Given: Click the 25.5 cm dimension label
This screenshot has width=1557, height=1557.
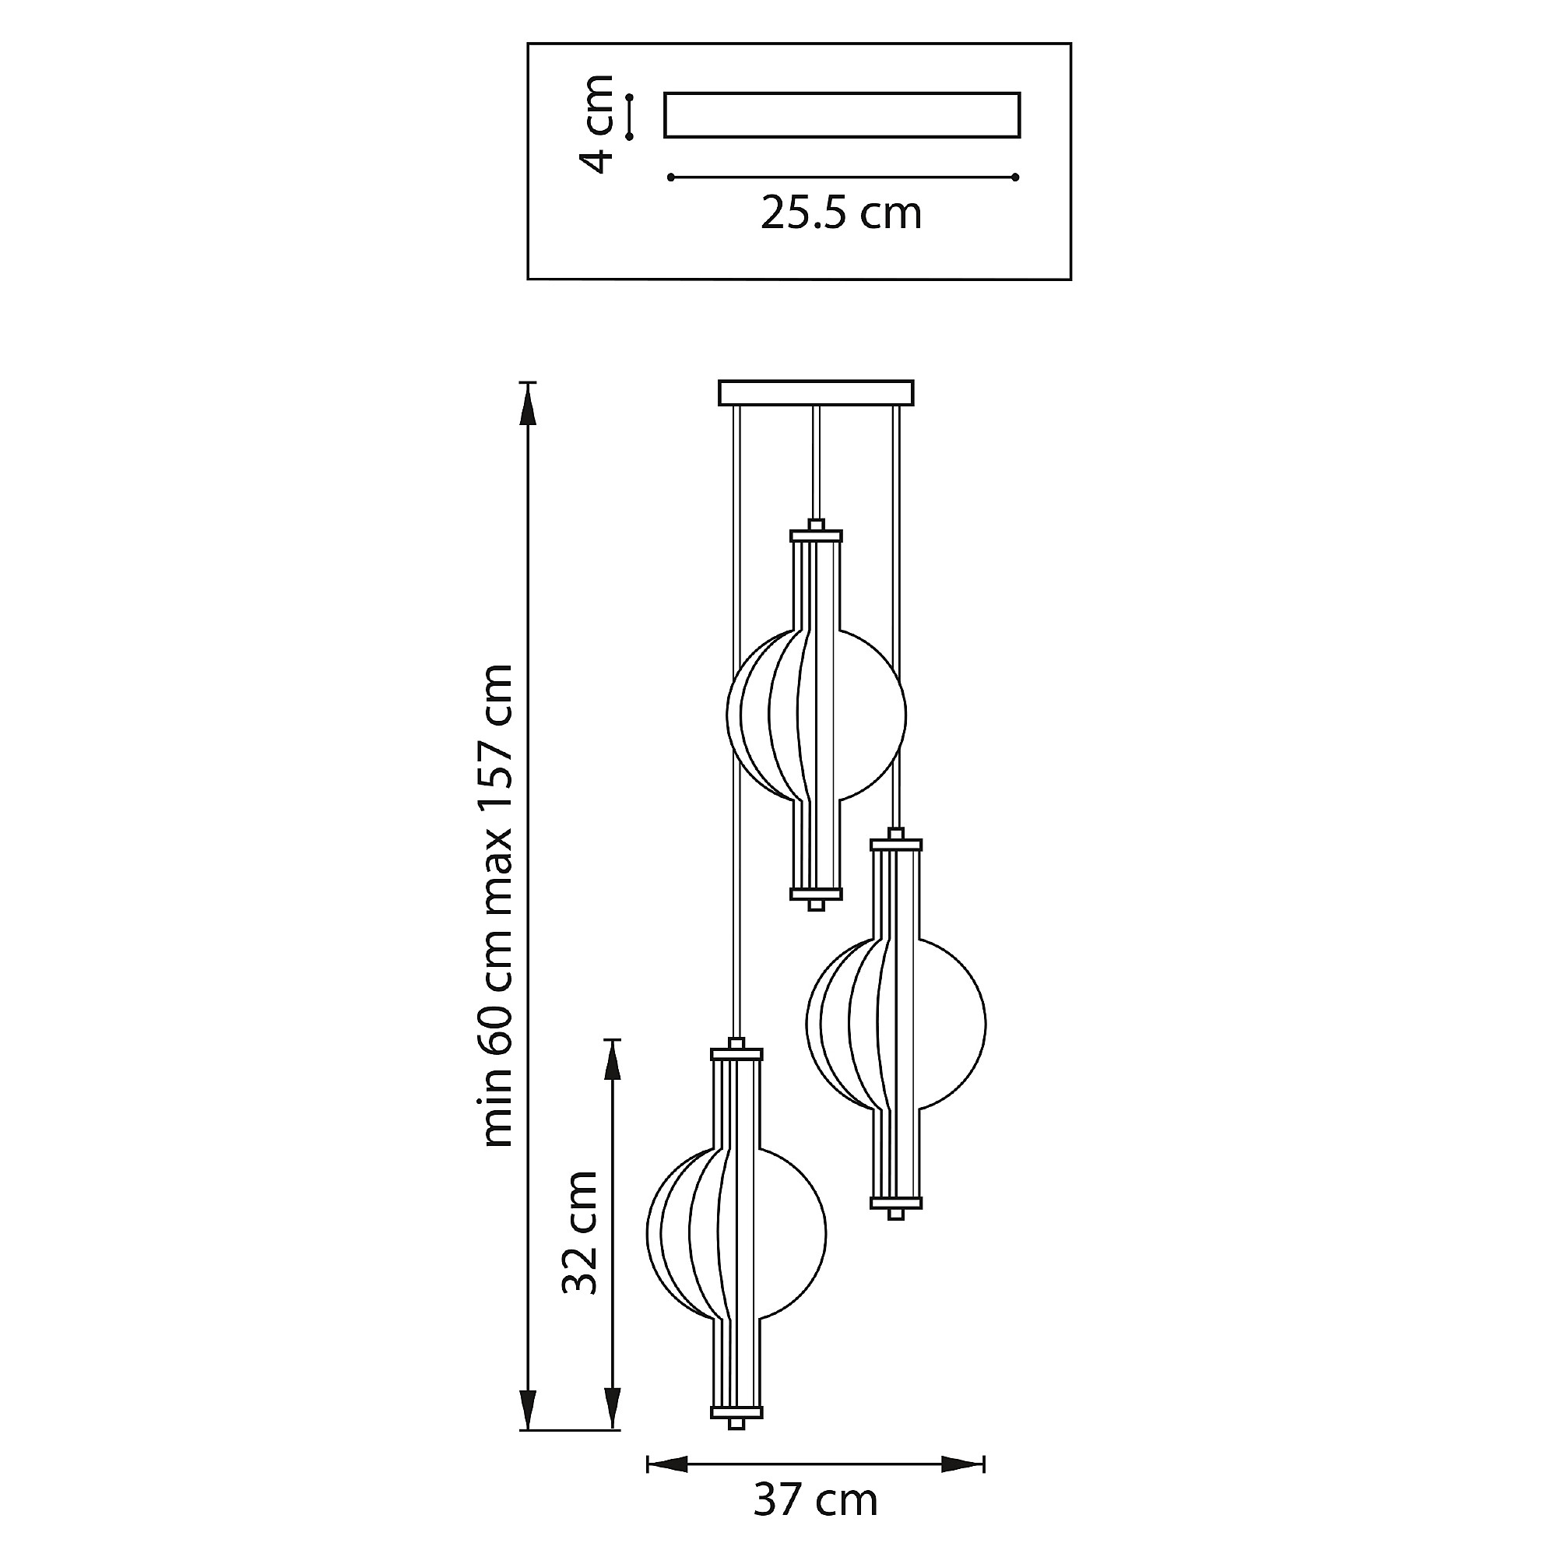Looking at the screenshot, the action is point(841,213).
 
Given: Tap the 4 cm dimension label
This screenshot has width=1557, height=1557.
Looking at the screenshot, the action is point(597,123).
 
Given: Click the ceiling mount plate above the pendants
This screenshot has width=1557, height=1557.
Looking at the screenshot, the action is point(817,392).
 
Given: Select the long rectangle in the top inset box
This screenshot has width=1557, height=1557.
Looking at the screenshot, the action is point(842,115).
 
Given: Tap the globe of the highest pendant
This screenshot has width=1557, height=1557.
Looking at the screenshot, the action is point(817,714).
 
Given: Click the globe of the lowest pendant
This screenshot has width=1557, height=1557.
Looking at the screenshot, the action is point(736,1233).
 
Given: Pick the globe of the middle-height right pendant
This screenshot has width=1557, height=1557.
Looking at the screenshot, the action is point(895,1024).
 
